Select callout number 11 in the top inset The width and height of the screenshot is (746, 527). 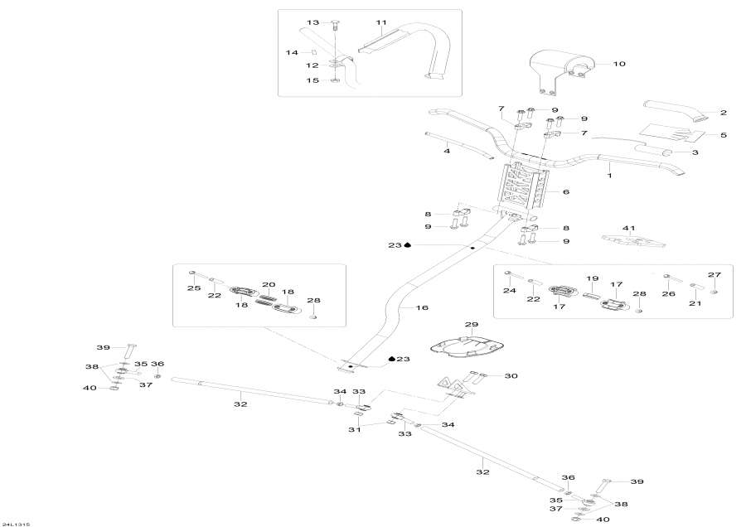click(x=381, y=22)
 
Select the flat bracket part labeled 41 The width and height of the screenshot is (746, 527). click(x=634, y=240)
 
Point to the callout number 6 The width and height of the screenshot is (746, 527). click(x=566, y=191)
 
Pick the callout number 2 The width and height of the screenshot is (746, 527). click(x=723, y=112)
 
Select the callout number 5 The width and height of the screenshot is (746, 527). click(x=723, y=135)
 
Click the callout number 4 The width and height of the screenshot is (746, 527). click(x=446, y=151)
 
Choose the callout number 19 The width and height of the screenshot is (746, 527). click(x=593, y=278)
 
